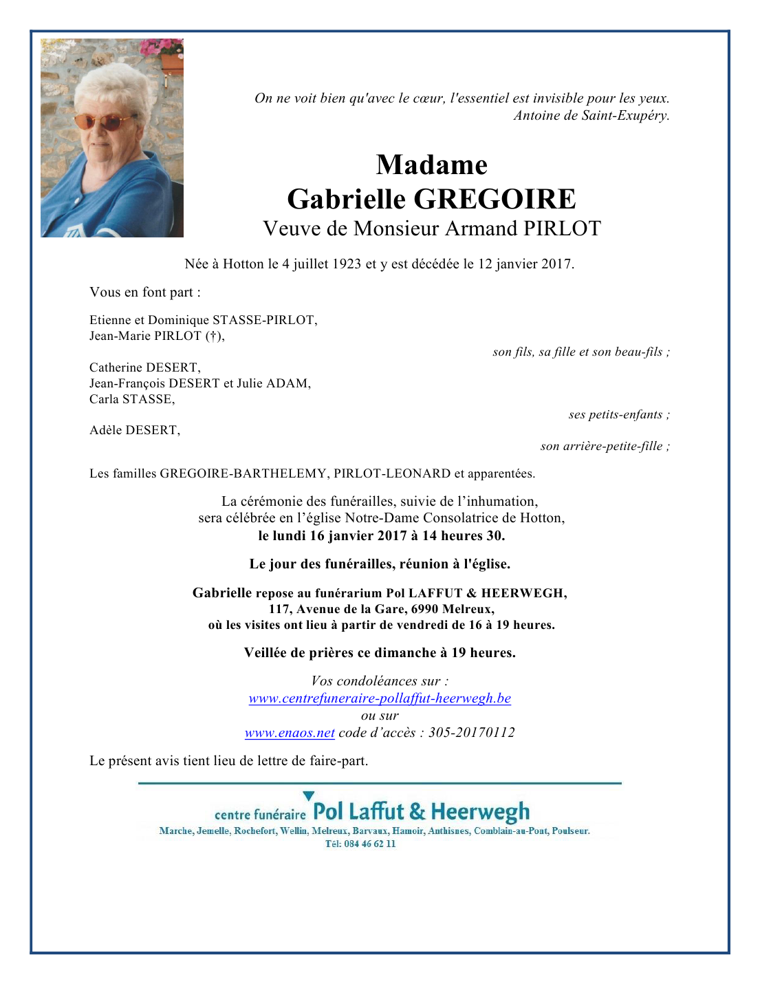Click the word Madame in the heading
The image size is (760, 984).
[x=431, y=165]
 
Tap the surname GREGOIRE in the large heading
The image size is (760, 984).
[x=495, y=200]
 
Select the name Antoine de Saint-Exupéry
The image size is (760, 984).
[x=591, y=116]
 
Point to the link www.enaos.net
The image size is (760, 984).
[x=290, y=733]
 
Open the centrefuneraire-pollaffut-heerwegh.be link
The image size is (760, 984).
[x=380, y=698]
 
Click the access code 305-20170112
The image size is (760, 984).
[x=471, y=733]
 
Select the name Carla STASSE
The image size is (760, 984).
[x=131, y=399]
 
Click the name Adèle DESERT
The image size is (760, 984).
[x=134, y=431]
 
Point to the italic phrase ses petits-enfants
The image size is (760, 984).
[x=616, y=415]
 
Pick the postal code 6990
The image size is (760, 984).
[x=425, y=609]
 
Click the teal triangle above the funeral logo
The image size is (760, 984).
[x=309, y=796]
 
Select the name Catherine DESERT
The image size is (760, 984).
[x=144, y=367]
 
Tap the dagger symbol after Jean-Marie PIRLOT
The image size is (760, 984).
[x=213, y=336]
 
